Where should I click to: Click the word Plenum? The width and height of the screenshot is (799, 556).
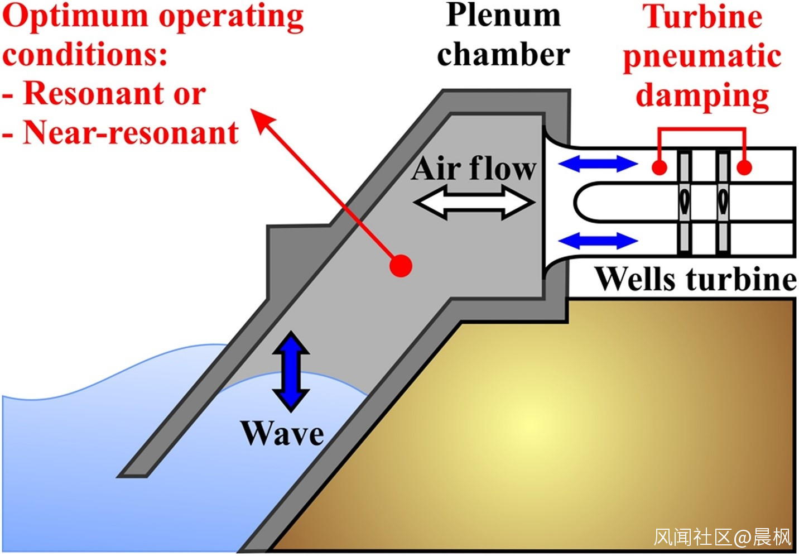[x=503, y=16]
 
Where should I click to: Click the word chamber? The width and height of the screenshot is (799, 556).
[x=503, y=55]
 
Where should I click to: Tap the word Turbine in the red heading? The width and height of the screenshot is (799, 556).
[x=702, y=17]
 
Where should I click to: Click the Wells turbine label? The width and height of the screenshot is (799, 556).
[x=695, y=279]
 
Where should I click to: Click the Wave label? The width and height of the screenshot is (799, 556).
[x=282, y=434]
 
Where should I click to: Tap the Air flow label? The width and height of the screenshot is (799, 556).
[x=474, y=168]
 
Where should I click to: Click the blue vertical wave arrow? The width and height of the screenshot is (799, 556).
[x=290, y=371]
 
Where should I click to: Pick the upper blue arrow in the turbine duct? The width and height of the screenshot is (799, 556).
[x=598, y=164]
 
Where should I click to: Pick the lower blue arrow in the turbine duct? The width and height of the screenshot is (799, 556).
[x=598, y=241]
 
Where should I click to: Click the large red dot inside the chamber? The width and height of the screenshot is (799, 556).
[x=401, y=266]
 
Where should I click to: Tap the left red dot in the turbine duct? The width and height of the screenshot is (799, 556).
[x=660, y=167]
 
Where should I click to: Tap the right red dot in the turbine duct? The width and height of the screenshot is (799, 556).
[x=744, y=167]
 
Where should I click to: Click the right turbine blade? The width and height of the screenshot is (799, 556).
[x=723, y=202]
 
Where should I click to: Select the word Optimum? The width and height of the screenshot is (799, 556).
[x=76, y=17]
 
